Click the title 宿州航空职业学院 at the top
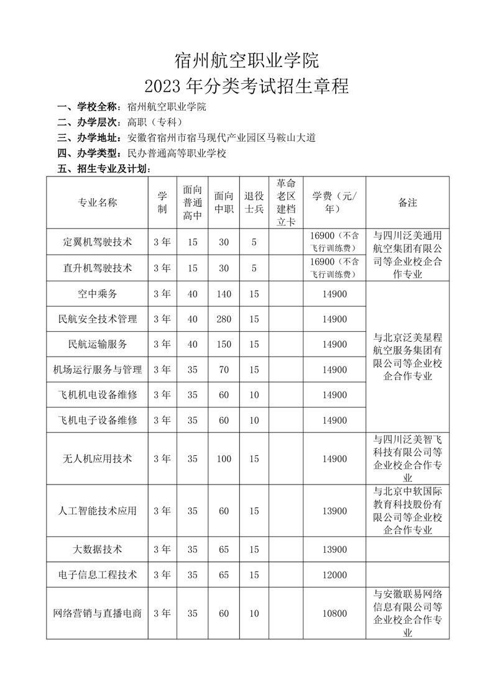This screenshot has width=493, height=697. (x=246, y=60)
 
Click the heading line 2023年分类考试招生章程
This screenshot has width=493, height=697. (x=246, y=86)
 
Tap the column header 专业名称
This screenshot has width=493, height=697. (x=97, y=203)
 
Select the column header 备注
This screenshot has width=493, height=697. (x=407, y=203)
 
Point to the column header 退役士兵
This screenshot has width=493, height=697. (x=254, y=203)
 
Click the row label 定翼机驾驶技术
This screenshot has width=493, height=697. (x=97, y=242)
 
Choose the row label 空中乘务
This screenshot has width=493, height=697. (x=97, y=294)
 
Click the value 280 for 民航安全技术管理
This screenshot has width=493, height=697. (x=224, y=319)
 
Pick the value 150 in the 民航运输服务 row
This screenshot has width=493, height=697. (x=224, y=344)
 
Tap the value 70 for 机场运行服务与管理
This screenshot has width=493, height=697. (x=224, y=370)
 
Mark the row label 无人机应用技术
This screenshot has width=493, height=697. (x=97, y=459)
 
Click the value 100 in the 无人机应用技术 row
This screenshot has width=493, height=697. (x=224, y=459)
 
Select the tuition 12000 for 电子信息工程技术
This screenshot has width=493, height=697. (x=334, y=575)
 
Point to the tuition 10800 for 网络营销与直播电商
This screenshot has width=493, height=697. (x=334, y=613)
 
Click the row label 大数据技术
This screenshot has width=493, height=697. (x=97, y=550)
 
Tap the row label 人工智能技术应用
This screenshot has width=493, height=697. (x=97, y=511)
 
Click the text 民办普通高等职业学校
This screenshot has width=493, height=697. (x=176, y=153)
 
